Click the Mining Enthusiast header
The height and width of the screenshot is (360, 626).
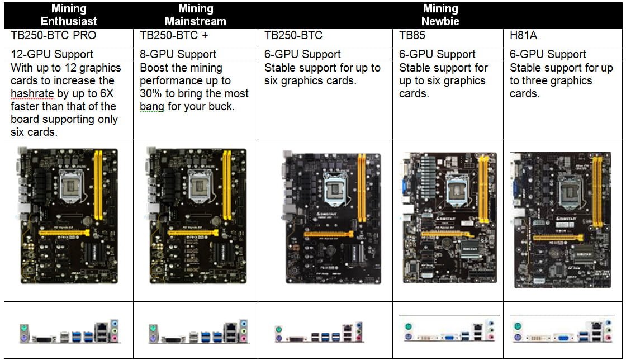[69, 15]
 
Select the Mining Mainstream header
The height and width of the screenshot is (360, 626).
[196, 15]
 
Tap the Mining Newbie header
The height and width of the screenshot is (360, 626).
[440, 15]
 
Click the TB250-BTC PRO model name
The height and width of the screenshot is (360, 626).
[54, 36]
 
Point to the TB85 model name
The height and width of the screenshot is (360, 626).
[412, 36]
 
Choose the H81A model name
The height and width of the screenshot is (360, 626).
[523, 36]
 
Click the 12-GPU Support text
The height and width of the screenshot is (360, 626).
[52, 54]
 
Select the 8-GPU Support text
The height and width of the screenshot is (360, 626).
[178, 54]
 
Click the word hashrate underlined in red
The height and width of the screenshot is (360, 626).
[32, 94]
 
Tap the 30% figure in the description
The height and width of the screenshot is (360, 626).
[151, 93]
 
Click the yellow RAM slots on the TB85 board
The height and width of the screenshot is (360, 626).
[483, 189]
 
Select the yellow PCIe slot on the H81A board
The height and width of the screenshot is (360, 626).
[558, 238]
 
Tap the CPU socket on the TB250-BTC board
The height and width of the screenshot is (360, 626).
[335, 189]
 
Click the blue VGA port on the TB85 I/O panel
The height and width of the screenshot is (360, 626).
[449, 338]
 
